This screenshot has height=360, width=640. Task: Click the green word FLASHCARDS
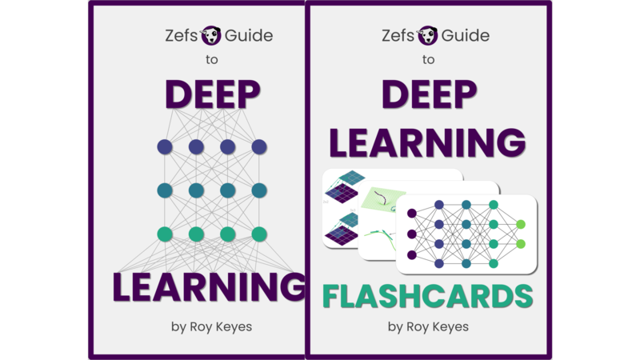[x=427, y=295]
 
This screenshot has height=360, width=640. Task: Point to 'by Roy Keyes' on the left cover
[x=211, y=326]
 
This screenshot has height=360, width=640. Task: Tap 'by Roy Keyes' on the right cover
[x=429, y=326]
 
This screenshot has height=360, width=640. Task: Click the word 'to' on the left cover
[x=211, y=60]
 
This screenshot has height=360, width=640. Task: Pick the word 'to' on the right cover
[x=429, y=60]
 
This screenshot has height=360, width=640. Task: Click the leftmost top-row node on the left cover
[x=165, y=147]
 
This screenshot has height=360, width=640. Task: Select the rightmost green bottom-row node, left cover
[x=258, y=234]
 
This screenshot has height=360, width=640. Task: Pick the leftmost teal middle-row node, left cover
[x=165, y=190]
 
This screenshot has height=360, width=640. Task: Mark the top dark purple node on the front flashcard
[x=412, y=214]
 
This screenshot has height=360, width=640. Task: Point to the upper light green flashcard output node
[x=521, y=225]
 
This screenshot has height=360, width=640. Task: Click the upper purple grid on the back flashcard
[x=343, y=191]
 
